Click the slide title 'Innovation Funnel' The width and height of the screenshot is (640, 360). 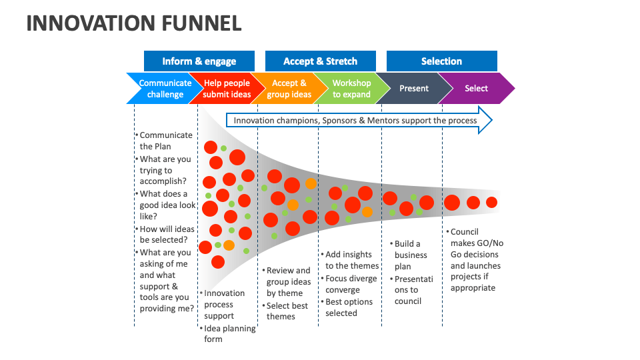click(133, 23)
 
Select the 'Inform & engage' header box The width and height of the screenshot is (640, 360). click(199, 61)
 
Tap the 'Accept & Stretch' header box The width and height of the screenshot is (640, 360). click(320, 61)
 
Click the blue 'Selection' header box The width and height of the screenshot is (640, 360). click(441, 61)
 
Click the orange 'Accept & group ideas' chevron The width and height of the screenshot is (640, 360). click(289, 89)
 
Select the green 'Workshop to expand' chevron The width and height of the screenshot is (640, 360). click(351, 89)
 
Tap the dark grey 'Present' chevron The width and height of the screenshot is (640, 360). click(413, 89)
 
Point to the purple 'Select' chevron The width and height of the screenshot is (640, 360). click(476, 89)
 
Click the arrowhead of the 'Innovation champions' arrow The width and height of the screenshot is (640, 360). click(485, 121)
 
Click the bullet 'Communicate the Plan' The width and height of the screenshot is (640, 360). click(165, 141)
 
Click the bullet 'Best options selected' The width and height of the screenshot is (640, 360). click(348, 307)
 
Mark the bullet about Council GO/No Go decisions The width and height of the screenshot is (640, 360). click(475, 260)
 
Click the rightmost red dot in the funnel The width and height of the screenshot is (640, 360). click(492, 202)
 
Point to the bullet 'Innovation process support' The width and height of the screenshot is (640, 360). click(224, 304)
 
